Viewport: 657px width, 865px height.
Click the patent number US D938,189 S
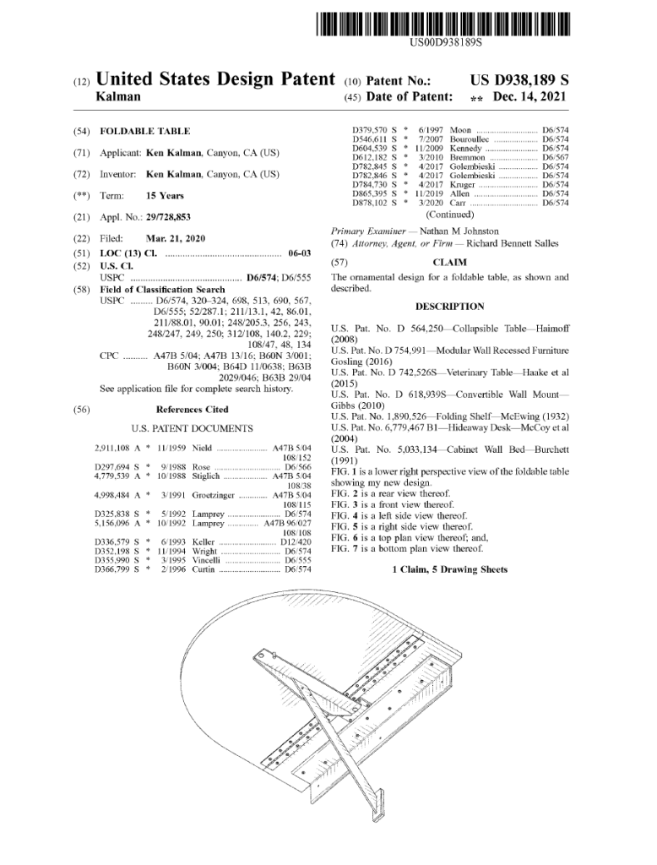tap(519, 80)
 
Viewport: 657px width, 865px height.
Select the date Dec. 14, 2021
tap(529, 96)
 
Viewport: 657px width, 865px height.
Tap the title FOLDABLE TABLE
tap(145, 131)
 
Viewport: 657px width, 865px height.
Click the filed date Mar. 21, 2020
tap(176, 239)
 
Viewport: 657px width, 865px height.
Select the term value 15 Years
tap(165, 196)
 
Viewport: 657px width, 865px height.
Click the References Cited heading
tap(192, 410)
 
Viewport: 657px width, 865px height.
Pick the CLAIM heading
tap(449, 263)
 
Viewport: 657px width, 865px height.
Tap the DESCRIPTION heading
tap(449, 307)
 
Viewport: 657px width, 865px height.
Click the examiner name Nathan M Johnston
tap(459, 231)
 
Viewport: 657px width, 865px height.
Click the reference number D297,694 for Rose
tap(112, 467)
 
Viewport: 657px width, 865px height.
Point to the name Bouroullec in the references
tap(469, 139)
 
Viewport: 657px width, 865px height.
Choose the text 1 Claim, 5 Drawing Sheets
tap(449, 569)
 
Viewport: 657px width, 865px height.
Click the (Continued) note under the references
tap(449, 215)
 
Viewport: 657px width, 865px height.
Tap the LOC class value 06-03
tap(300, 253)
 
